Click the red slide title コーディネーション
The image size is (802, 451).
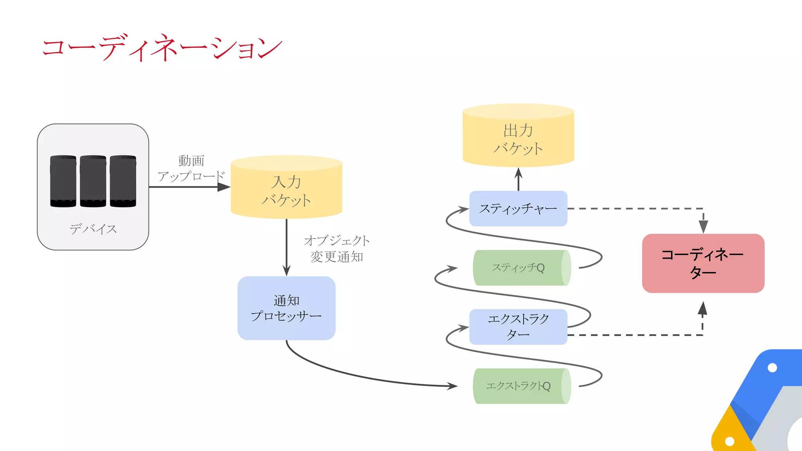coord(162,48)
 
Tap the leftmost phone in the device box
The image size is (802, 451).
coord(63,181)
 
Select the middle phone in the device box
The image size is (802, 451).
coord(93,181)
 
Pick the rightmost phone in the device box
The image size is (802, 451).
coord(123,181)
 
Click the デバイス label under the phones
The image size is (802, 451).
coord(93,229)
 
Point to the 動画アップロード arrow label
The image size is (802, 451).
coord(191,169)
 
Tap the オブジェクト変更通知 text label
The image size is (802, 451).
coord(337,249)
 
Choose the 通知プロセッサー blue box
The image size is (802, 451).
coord(286,308)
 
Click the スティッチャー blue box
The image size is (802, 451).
coord(518,209)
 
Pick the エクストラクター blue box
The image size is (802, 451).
coord(518,327)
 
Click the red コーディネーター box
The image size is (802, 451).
coord(703,263)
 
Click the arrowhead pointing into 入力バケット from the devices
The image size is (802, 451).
coord(224,187)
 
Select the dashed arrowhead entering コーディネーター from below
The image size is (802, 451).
coord(703,308)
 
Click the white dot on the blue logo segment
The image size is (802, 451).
coord(772,368)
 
